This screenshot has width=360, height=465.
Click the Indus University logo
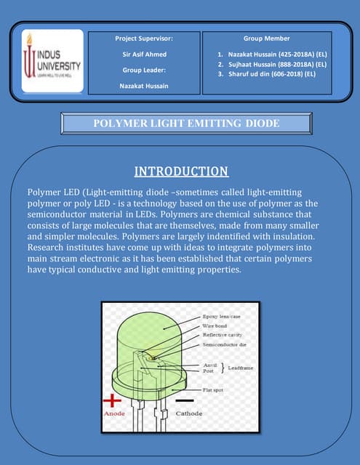[x=51, y=61]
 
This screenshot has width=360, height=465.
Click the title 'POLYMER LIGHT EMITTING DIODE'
[x=186, y=124]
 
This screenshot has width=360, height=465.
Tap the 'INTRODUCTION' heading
[x=181, y=171]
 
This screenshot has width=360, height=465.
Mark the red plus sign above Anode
[x=111, y=400]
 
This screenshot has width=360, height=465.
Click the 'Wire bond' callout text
[x=215, y=328]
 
